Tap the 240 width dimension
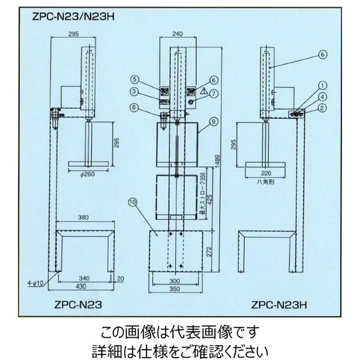tap(177, 34)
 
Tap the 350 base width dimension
tap(175, 289)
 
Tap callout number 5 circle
tap(136, 78)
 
